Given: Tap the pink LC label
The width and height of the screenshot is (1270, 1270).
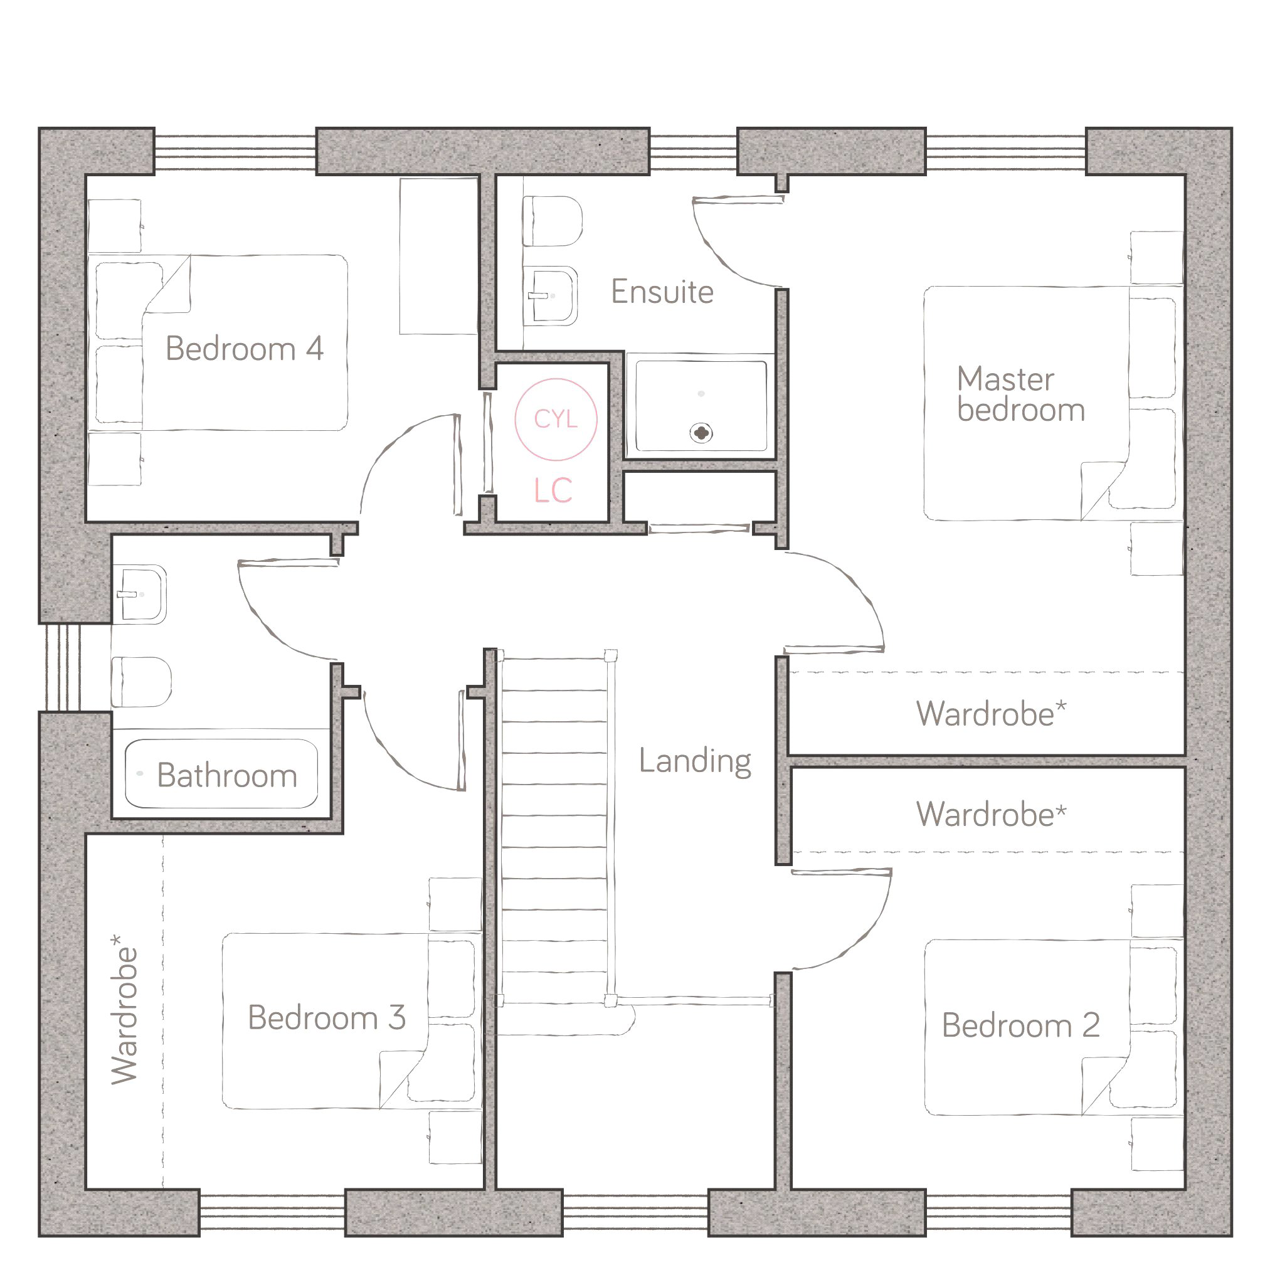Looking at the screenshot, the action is tap(553, 490).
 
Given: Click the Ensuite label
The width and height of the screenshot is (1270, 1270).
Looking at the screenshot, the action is tap(662, 292).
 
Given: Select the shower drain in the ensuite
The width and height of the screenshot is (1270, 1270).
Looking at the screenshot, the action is tap(701, 433).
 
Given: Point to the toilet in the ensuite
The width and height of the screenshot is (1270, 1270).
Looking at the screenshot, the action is tap(552, 221).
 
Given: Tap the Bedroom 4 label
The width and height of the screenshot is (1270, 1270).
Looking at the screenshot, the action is tap(245, 349).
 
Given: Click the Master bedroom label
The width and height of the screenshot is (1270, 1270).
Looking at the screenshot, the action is tap(1020, 394).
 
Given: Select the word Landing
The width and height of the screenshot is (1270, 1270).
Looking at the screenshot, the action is tap(695, 761).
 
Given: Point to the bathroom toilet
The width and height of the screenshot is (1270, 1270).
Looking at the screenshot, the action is tap(141, 682).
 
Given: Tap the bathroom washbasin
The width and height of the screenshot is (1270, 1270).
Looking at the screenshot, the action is tap(139, 595).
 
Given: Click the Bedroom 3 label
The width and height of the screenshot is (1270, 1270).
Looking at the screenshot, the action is tap(327, 1018).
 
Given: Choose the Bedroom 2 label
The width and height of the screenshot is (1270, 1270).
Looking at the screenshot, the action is tap(1021, 1025).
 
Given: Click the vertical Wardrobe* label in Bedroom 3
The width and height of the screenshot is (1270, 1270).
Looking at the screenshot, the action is tap(124, 1010).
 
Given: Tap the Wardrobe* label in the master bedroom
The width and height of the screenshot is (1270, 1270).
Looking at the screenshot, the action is tap(992, 714).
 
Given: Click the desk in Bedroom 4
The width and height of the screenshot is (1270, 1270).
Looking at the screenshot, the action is tap(438, 256).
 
